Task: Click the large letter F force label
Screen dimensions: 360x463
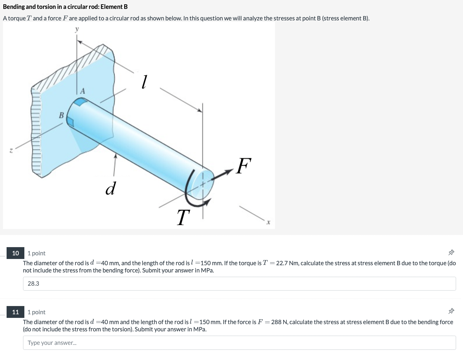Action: pyautogui.click(x=244, y=166)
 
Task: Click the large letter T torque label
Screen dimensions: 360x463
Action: pyautogui.click(x=183, y=218)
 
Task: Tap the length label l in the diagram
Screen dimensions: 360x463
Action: pyautogui.click(x=144, y=82)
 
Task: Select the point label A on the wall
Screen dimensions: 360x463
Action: pyautogui.click(x=82, y=91)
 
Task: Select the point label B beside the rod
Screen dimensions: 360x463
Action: pyautogui.click(x=61, y=115)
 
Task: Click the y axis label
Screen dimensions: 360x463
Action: pyautogui.click(x=77, y=30)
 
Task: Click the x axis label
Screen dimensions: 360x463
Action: pyautogui.click(x=268, y=223)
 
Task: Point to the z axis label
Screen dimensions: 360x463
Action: pyautogui.click(x=11, y=150)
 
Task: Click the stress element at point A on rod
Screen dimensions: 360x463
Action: pyautogui.click(x=80, y=102)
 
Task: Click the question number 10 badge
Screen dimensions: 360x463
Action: pyautogui.click(x=15, y=253)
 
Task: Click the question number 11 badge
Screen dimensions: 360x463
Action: pyautogui.click(x=15, y=312)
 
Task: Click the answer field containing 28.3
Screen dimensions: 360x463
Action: pyautogui.click(x=239, y=284)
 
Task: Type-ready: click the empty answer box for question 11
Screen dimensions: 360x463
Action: pyautogui.click(x=239, y=343)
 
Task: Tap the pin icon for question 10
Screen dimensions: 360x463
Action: pyautogui.click(x=451, y=253)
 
